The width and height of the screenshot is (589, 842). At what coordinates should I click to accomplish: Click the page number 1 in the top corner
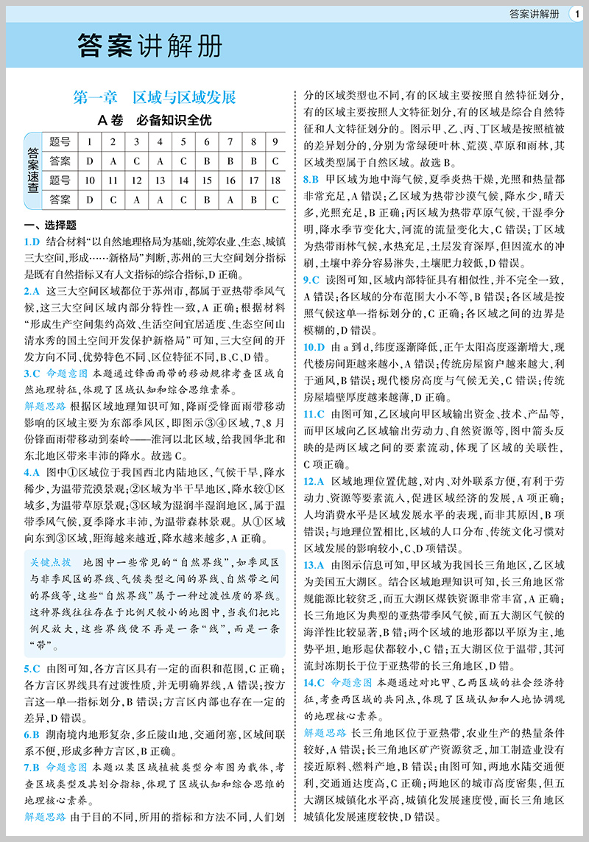pos(575,13)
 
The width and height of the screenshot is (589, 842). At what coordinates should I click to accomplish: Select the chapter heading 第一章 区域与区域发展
pos(155,97)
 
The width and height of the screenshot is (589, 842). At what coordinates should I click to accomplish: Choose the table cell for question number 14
pos(180,180)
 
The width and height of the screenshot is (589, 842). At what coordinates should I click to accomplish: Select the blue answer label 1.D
pos(31,242)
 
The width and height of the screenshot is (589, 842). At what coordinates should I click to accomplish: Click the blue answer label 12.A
pos(314,480)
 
